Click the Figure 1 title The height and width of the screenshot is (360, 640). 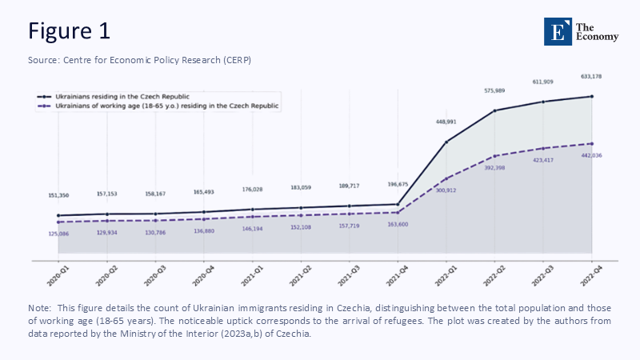pos(69,30)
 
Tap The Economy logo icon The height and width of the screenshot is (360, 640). pos(558,30)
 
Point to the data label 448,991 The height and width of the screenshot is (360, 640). pos(446,122)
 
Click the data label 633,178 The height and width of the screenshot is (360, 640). pos(591,77)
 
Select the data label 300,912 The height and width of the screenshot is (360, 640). pos(446,190)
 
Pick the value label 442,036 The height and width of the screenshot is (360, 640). pos(591,155)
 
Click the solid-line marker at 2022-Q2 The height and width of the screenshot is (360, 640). pos(494,110)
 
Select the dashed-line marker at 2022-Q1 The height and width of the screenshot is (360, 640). pos(446,178)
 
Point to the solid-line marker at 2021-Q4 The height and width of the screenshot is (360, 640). pos(398,204)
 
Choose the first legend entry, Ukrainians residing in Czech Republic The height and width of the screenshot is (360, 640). pos(144,96)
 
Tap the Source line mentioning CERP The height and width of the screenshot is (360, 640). pos(140,61)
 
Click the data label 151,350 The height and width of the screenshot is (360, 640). pos(58,195)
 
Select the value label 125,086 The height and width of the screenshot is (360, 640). pos(58,233)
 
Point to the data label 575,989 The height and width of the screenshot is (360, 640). pos(494,90)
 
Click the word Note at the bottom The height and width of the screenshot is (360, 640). pos(38,308)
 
